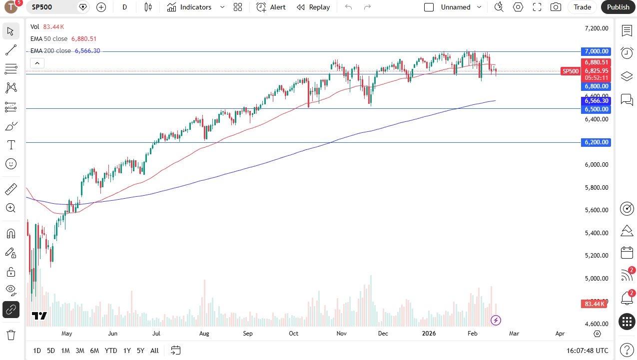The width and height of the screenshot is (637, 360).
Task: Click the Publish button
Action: point(618,7)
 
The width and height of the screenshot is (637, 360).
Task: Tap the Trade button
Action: point(582,7)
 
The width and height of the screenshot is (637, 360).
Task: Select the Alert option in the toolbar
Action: point(271,7)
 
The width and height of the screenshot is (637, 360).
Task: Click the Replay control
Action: point(313,7)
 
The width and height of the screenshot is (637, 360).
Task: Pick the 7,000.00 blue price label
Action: point(597,51)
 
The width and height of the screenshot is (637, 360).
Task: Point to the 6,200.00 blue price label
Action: point(597,142)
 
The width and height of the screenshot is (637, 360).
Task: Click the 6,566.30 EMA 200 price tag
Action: point(597,101)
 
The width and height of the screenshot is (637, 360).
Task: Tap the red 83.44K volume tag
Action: point(595,304)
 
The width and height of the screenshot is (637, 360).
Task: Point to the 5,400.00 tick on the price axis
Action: point(597,233)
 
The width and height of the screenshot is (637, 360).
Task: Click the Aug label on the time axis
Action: point(204,334)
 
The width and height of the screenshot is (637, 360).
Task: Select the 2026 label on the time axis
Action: point(429,334)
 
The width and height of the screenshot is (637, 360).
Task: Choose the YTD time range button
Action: point(111,351)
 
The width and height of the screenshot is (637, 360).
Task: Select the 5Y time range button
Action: point(140,351)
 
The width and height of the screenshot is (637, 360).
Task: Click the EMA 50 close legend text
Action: point(49,38)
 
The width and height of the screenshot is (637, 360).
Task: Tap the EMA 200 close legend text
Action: point(50,51)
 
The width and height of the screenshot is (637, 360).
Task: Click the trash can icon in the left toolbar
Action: point(10,335)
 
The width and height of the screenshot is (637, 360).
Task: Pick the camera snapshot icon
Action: point(555,7)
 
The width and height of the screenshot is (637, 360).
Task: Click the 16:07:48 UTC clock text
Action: point(588,351)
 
